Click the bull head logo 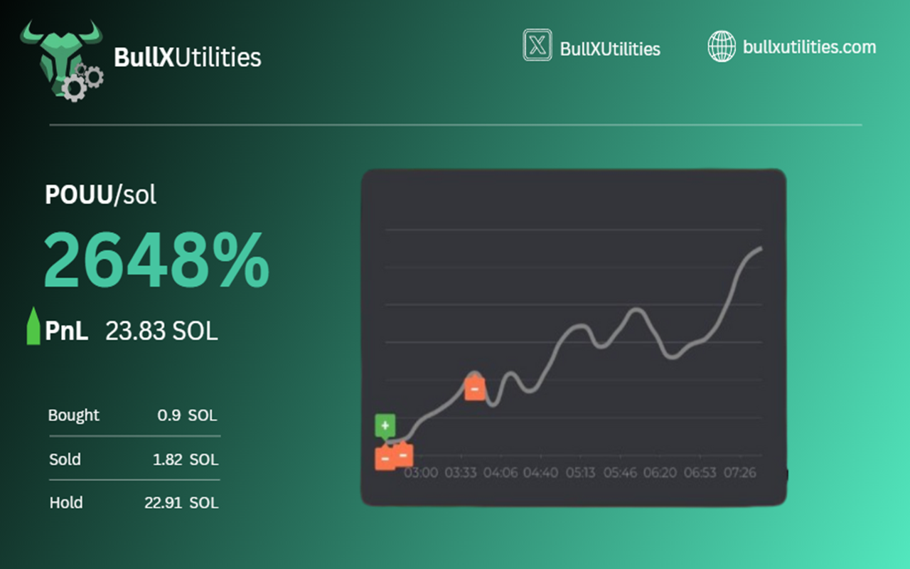61,59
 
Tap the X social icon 537,45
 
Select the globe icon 722,47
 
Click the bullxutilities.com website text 809,47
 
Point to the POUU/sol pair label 100,194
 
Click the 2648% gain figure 156,260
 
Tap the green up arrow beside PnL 33,326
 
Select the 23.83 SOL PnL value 161,331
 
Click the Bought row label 73,415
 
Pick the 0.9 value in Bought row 169,415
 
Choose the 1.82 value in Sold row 167,459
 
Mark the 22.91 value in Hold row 164,503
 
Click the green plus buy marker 385,426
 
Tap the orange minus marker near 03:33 474,388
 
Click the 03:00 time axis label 421,473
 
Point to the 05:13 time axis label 581,473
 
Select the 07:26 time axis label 740,473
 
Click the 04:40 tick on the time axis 541,473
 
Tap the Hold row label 66,503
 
